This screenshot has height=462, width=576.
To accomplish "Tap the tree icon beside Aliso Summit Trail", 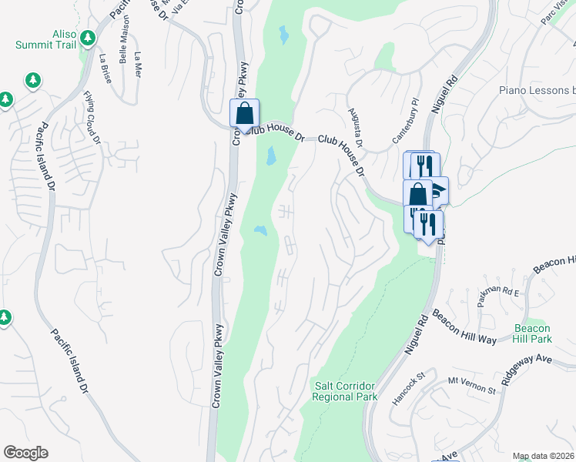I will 89,37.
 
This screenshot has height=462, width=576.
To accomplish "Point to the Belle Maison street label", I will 122,48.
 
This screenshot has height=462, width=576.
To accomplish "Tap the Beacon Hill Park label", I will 533,333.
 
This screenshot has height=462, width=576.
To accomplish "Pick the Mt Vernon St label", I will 471,385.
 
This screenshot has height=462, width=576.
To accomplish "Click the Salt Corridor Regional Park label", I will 345,390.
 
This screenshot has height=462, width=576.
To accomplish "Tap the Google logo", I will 25,453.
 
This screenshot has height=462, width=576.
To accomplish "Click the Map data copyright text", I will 543,456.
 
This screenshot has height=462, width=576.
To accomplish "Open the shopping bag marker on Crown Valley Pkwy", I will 244,113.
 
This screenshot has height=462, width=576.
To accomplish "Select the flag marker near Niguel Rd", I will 437,189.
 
